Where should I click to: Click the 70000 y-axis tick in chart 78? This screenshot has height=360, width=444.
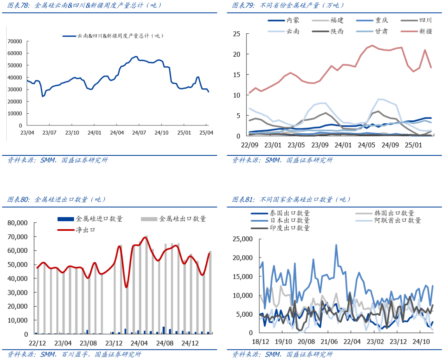point(15,41)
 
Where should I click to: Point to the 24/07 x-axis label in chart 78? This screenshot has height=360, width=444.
point(140,133)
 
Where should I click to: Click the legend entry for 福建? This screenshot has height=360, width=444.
point(336,20)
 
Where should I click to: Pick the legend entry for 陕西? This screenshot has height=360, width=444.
point(336,32)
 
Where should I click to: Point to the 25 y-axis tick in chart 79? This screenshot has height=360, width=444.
point(236,34)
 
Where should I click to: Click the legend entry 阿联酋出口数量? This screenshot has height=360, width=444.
point(397,220)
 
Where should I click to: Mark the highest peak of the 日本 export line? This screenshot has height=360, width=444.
point(336,245)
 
